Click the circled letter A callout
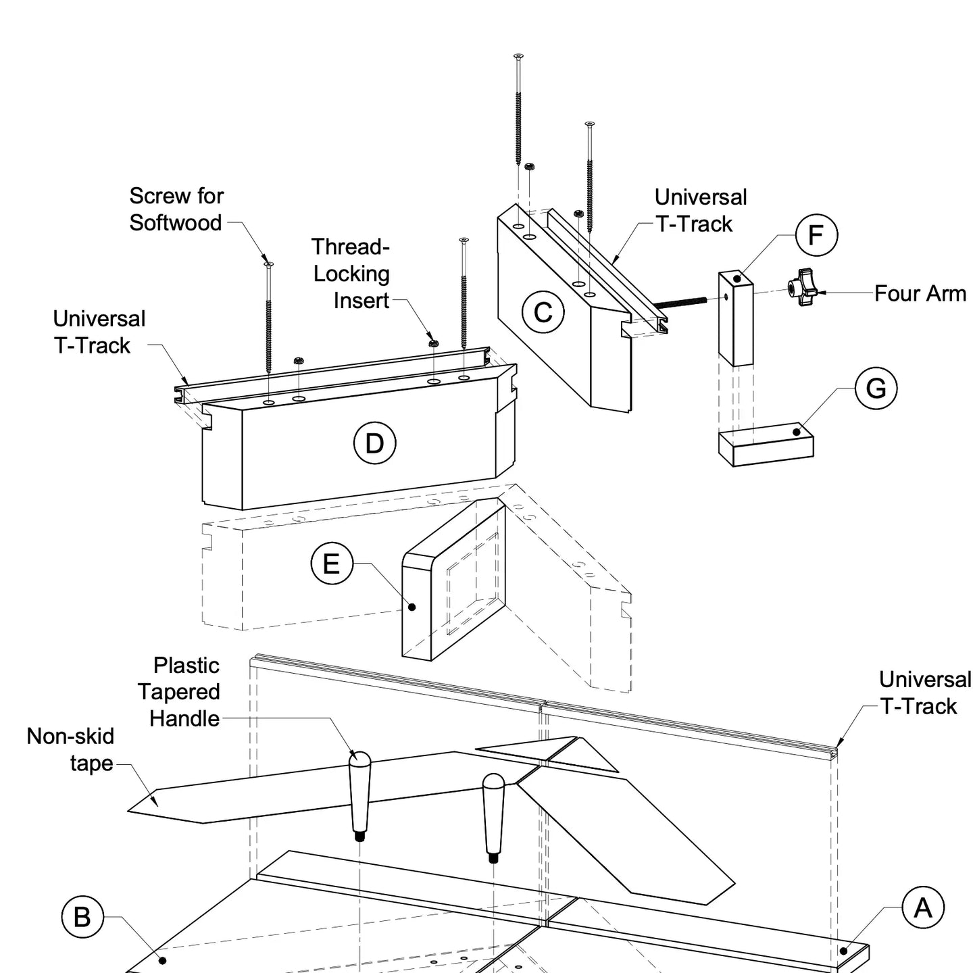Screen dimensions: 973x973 pos(922,907)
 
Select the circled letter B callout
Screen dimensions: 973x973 pos(82,917)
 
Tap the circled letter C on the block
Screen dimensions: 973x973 pos(543,312)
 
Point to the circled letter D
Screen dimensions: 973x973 pos(374,443)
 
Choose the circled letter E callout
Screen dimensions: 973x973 pos(331,564)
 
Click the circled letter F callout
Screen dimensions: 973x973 pos(816,235)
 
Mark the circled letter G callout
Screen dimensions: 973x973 pos(876,389)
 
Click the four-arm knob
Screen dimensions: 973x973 pos(803,288)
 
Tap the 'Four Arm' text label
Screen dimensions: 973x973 pos(920,293)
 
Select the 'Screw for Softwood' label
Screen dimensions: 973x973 pos(176,209)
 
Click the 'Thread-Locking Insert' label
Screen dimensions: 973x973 pos(351,273)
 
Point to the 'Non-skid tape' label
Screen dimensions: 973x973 pos(70,749)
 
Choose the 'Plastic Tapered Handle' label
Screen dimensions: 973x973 pos(179,691)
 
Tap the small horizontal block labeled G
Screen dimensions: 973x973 pos(766,445)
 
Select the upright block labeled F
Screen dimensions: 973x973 pos(735,318)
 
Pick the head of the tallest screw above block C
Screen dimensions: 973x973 pos(518,56)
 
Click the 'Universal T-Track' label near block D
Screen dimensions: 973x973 pos(99,332)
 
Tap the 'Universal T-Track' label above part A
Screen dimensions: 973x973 pos(924,693)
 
